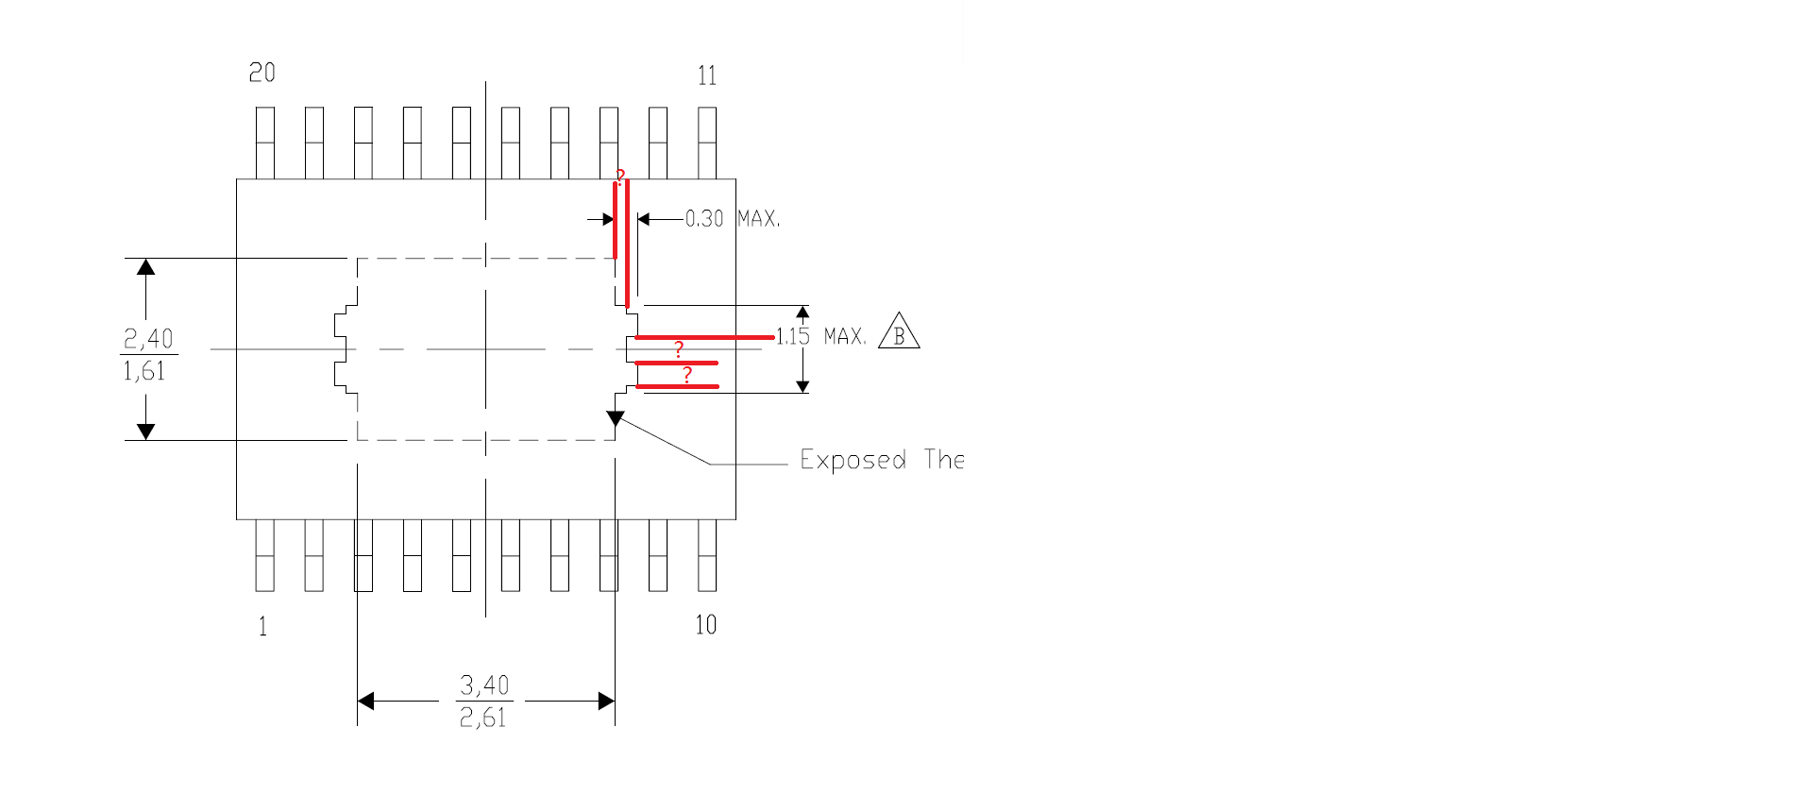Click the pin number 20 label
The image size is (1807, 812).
262,73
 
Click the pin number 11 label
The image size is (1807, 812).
707,76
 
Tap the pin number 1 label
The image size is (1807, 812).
262,626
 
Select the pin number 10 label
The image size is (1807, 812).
706,625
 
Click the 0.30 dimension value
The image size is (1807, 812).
704,219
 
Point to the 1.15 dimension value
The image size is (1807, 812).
793,336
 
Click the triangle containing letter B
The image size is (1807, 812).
899,333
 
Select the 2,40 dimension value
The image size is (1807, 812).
148,338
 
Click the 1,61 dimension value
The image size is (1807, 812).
144,371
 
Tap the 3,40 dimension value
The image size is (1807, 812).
484,685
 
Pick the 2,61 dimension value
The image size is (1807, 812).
482,718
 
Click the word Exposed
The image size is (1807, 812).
853,460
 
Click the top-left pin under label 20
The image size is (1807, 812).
265,143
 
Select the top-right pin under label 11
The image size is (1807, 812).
707,143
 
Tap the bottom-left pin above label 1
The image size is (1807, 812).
265,555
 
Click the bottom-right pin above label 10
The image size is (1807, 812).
707,555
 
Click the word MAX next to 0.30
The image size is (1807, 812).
758,219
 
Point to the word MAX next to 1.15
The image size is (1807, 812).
845,336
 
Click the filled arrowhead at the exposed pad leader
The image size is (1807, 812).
616,418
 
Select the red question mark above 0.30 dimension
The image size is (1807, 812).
620,177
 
